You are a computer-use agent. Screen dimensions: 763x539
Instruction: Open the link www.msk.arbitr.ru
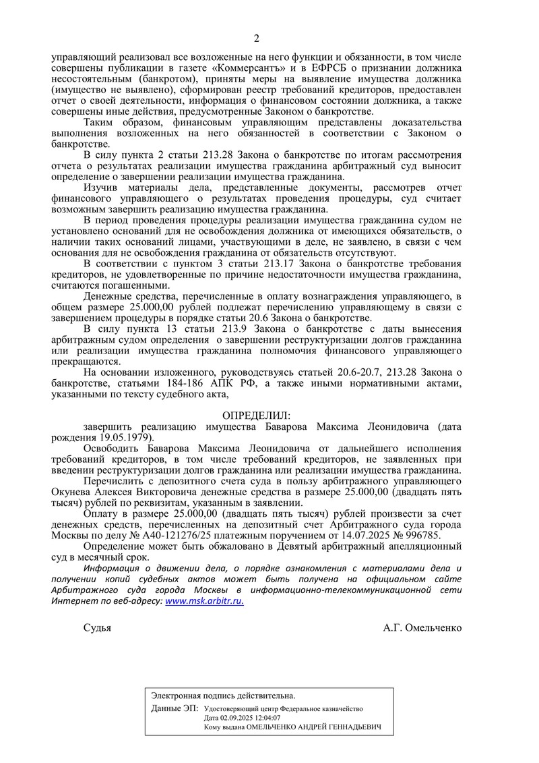tap(204, 601)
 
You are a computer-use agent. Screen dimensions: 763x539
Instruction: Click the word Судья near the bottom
tap(97, 627)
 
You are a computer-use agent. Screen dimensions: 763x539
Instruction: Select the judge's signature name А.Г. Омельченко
tap(422, 627)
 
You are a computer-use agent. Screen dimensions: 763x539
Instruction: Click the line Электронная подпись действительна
tap(223, 695)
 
